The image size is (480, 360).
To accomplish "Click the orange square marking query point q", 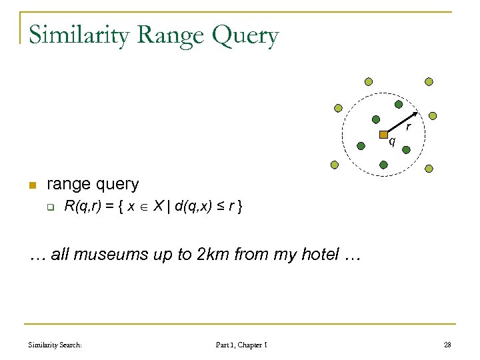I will (x=384, y=135).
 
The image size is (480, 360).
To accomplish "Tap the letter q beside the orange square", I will (x=392, y=141).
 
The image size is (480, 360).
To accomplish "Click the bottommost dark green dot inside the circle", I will (x=385, y=163).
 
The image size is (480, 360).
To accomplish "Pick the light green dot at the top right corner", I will (x=429, y=81).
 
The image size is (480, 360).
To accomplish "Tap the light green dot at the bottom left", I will (x=334, y=165).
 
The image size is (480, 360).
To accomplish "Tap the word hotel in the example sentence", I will (x=313, y=255).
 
